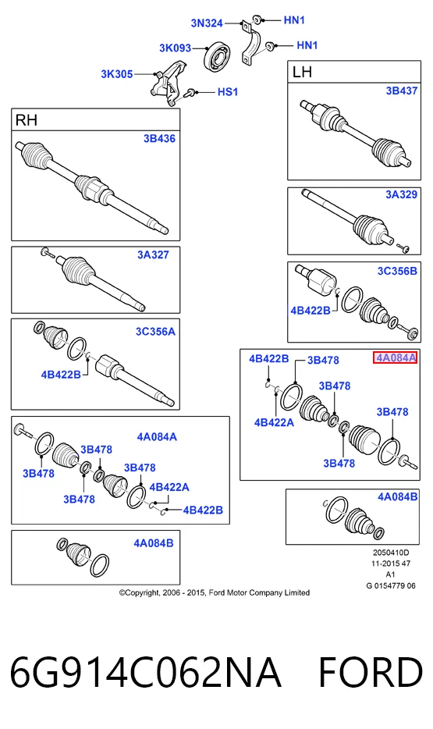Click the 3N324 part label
tap(207, 23)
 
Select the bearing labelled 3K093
tap(217, 56)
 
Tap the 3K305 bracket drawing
tap(166, 87)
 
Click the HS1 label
tap(228, 91)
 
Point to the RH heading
tap(26, 120)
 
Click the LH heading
tap(302, 72)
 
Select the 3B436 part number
tap(159, 138)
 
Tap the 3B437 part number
tap(402, 91)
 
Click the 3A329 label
tap(402, 194)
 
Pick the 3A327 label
tap(153, 254)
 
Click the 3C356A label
tap(155, 332)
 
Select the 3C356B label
tap(397, 271)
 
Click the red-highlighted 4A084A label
tap(395, 357)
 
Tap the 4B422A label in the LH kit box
tap(274, 422)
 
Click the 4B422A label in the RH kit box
tap(169, 487)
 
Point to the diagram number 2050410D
tap(390, 553)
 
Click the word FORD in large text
tap(371, 672)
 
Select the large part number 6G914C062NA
tap(145, 672)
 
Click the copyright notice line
tap(215, 592)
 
